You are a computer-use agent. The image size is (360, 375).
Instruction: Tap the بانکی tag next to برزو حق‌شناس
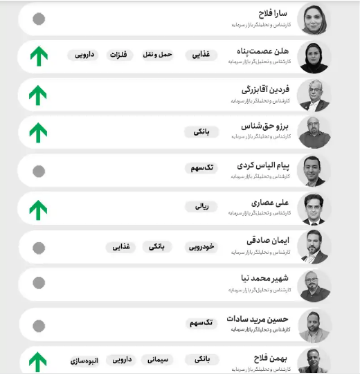click(201, 131)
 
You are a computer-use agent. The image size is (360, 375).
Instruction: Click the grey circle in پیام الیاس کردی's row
click(39, 171)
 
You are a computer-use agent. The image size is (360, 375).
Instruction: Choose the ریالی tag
click(201, 205)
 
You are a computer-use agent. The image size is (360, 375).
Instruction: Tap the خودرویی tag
click(202, 246)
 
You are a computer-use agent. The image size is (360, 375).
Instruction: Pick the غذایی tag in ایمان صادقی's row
click(121, 246)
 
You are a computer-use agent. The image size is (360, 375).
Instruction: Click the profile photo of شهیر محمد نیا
click(314, 285)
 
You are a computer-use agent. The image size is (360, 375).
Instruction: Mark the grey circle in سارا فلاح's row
click(39, 19)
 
